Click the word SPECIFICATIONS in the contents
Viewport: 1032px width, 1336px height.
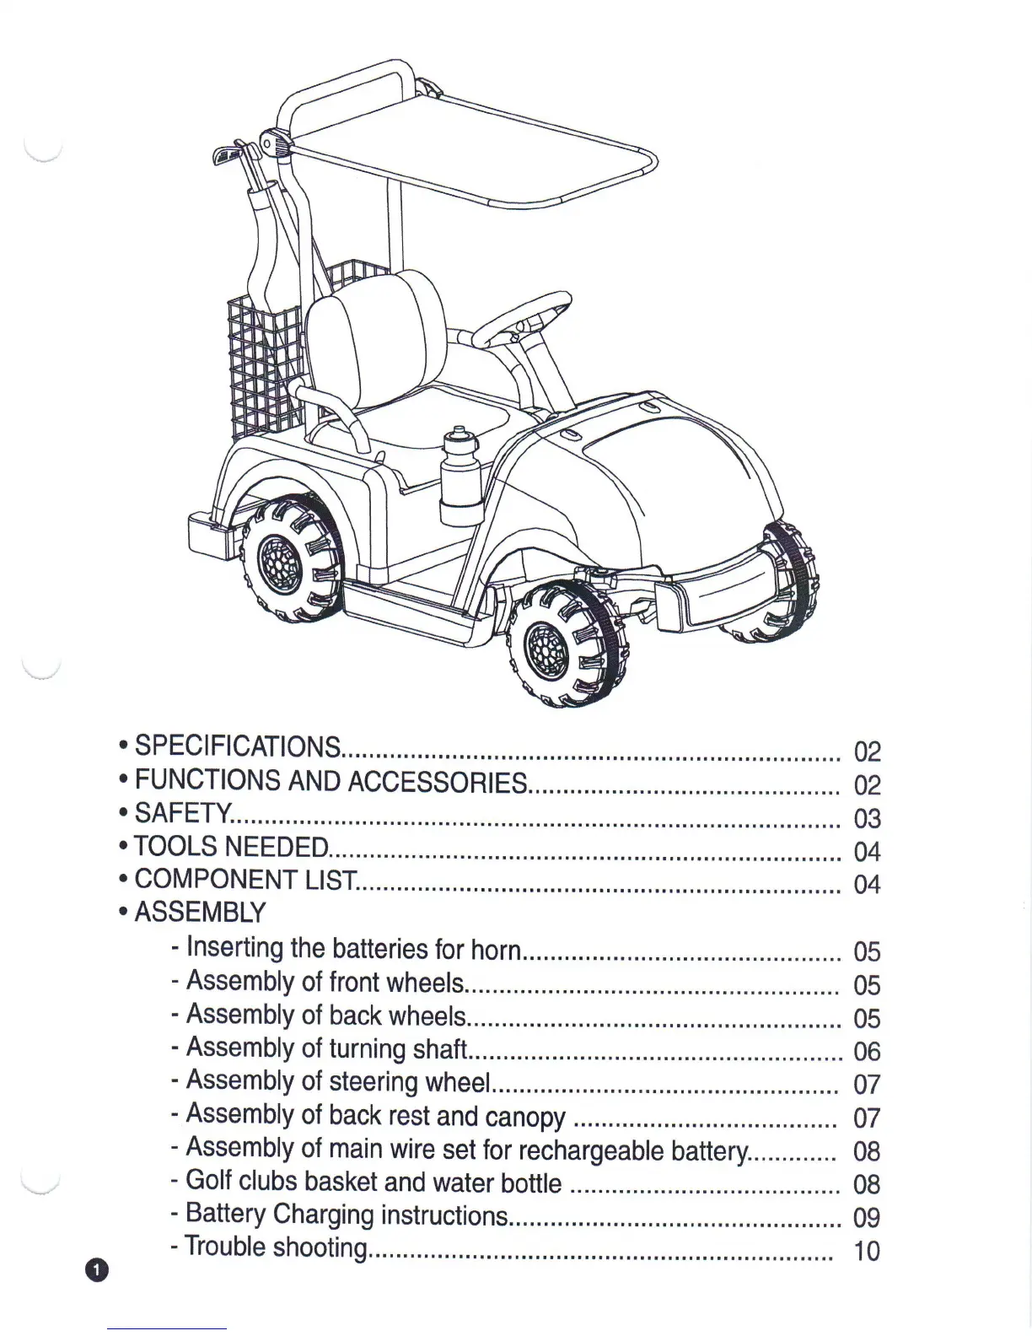point(238,746)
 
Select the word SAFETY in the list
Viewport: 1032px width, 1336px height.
point(181,813)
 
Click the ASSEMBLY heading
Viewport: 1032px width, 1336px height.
point(200,913)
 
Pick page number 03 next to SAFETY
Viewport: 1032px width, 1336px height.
point(867,819)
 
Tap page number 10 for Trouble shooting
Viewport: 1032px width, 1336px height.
point(867,1251)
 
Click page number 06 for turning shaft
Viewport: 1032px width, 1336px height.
point(867,1052)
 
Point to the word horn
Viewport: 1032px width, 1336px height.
point(495,950)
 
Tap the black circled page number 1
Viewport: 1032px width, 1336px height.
point(97,1269)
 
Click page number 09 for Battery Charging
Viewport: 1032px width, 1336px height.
point(867,1218)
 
